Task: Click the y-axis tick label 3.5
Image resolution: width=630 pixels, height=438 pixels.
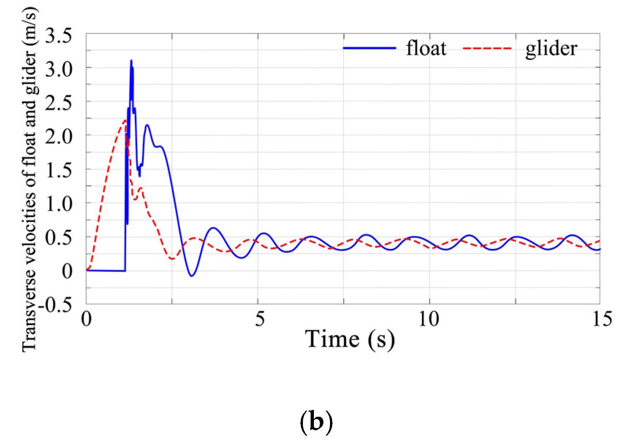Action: (x=58, y=36)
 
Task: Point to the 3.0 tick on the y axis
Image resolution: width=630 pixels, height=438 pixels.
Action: (x=58, y=69)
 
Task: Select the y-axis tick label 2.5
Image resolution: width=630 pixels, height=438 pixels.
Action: (x=58, y=103)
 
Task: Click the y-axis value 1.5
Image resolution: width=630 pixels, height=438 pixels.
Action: (x=58, y=170)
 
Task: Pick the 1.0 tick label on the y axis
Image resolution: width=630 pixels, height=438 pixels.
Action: (x=58, y=204)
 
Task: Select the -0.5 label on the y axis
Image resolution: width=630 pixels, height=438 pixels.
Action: (x=55, y=305)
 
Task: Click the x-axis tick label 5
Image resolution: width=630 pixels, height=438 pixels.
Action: (x=259, y=319)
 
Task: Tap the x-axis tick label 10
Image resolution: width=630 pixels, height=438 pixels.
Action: (x=429, y=319)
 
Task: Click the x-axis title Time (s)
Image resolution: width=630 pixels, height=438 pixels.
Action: (x=350, y=340)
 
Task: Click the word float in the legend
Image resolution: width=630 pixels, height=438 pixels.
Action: (x=426, y=48)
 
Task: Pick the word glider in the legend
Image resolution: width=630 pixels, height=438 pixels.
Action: (x=551, y=48)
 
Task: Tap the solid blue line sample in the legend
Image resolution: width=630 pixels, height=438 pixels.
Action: (x=369, y=48)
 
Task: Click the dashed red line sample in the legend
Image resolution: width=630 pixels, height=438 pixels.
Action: (x=487, y=48)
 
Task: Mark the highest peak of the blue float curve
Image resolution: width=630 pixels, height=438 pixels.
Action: (x=131, y=61)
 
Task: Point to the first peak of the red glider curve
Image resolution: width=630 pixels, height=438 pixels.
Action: (x=125, y=120)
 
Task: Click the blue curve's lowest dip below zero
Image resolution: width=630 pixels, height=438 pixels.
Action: (x=191, y=276)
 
